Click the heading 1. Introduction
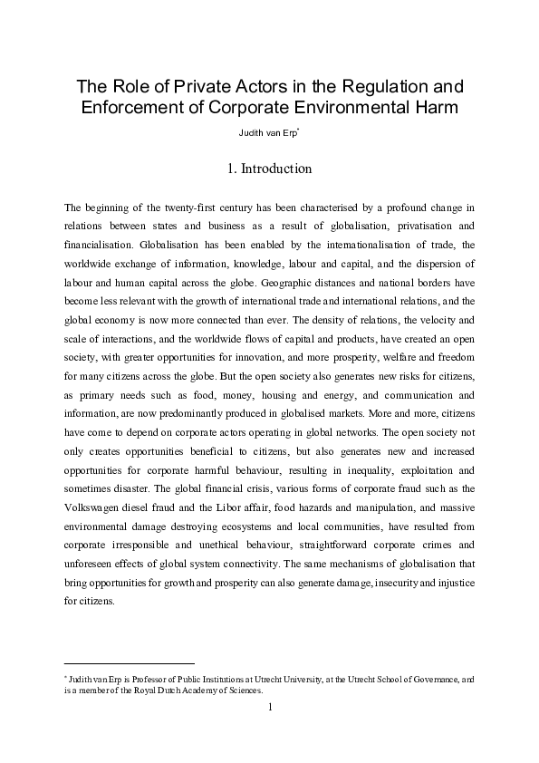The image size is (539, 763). (269, 169)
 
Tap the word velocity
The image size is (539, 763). (424, 320)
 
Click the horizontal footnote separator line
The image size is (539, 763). (130, 662)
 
